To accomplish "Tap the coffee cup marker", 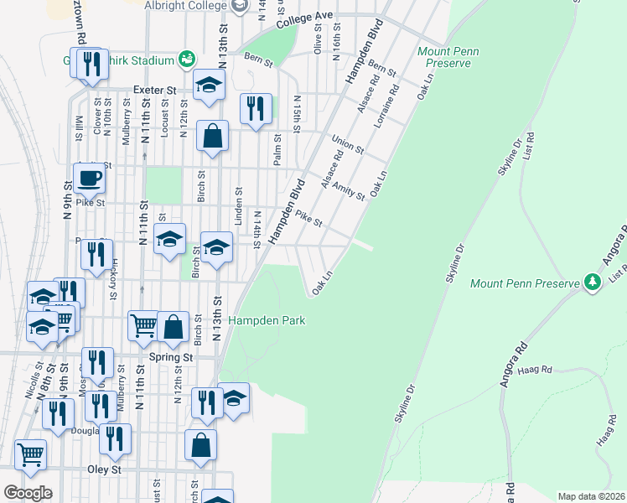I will point(88,178).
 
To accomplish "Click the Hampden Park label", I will point(267,320).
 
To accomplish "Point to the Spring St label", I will point(171,357).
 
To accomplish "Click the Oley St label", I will point(105,470).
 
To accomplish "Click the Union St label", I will point(347,144).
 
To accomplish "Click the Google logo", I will point(28,493).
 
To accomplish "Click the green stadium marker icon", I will point(187,60).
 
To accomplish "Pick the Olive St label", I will point(318,39).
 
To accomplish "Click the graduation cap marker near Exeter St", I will point(209,84).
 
